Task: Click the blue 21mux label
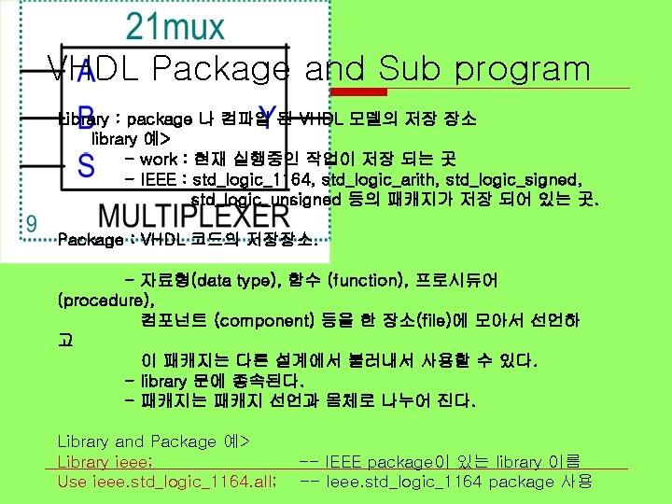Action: [x=175, y=27]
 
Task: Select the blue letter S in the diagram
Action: [x=86, y=167]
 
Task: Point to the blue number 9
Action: [x=32, y=224]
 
